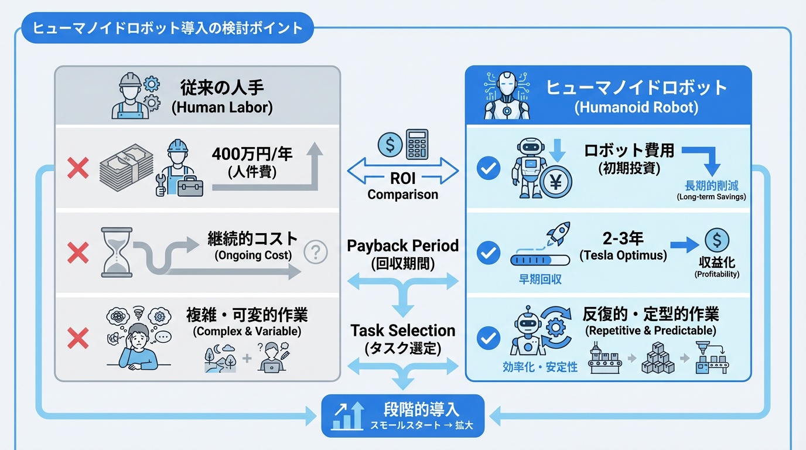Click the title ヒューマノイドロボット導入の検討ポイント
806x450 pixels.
[x=168, y=29]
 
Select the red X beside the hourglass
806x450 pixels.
[x=77, y=253]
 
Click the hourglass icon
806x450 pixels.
[x=117, y=252]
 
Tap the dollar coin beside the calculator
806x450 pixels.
[x=390, y=144]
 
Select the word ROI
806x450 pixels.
[x=402, y=178]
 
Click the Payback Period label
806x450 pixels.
[x=402, y=246]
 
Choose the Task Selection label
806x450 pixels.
[x=402, y=330]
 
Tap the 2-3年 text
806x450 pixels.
[x=623, y=238]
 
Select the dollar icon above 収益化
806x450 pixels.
[x=716, y=241]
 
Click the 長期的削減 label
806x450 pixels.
[x=711, y=185]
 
